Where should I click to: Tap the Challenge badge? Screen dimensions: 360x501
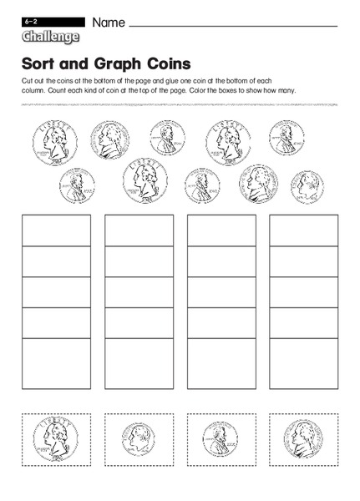coord(47,36)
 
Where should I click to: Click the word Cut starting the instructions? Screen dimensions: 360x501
coord(24,80)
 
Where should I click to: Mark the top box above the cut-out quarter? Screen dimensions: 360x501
coord(55,230)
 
